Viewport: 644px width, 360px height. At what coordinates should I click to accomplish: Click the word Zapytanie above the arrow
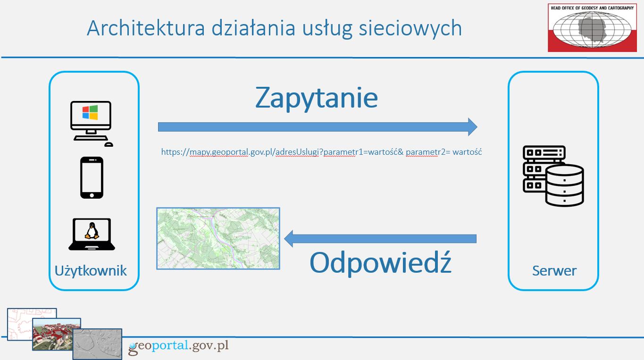tap(317, 98)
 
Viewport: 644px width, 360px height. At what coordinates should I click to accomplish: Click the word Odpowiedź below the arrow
tap(380, 262)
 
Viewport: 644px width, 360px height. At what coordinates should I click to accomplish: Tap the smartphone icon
tap(92, 177)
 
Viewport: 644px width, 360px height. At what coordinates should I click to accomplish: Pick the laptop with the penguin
tap(92, 234)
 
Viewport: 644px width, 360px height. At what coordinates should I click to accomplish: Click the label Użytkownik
tap(91, 270)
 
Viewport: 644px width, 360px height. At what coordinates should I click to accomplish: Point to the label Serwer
tap(554, 270)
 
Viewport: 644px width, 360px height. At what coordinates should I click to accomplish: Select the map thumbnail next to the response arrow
tap(218, 238)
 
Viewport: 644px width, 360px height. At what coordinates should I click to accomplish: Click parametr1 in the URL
tap(345, 152)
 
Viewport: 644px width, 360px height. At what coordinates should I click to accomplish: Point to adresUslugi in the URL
tap(297, 152)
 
